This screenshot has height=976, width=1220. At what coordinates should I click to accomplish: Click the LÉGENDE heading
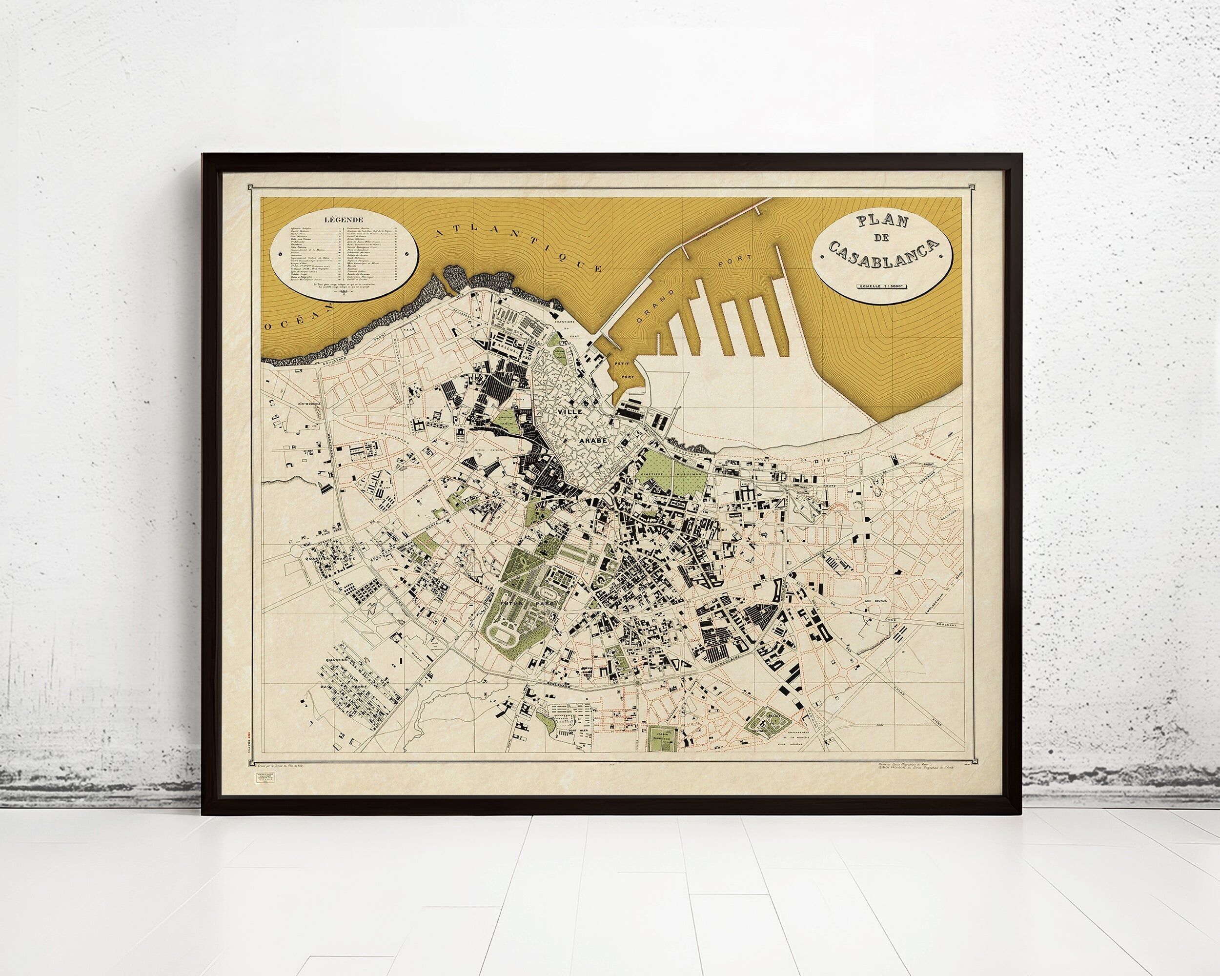click(344, 219)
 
